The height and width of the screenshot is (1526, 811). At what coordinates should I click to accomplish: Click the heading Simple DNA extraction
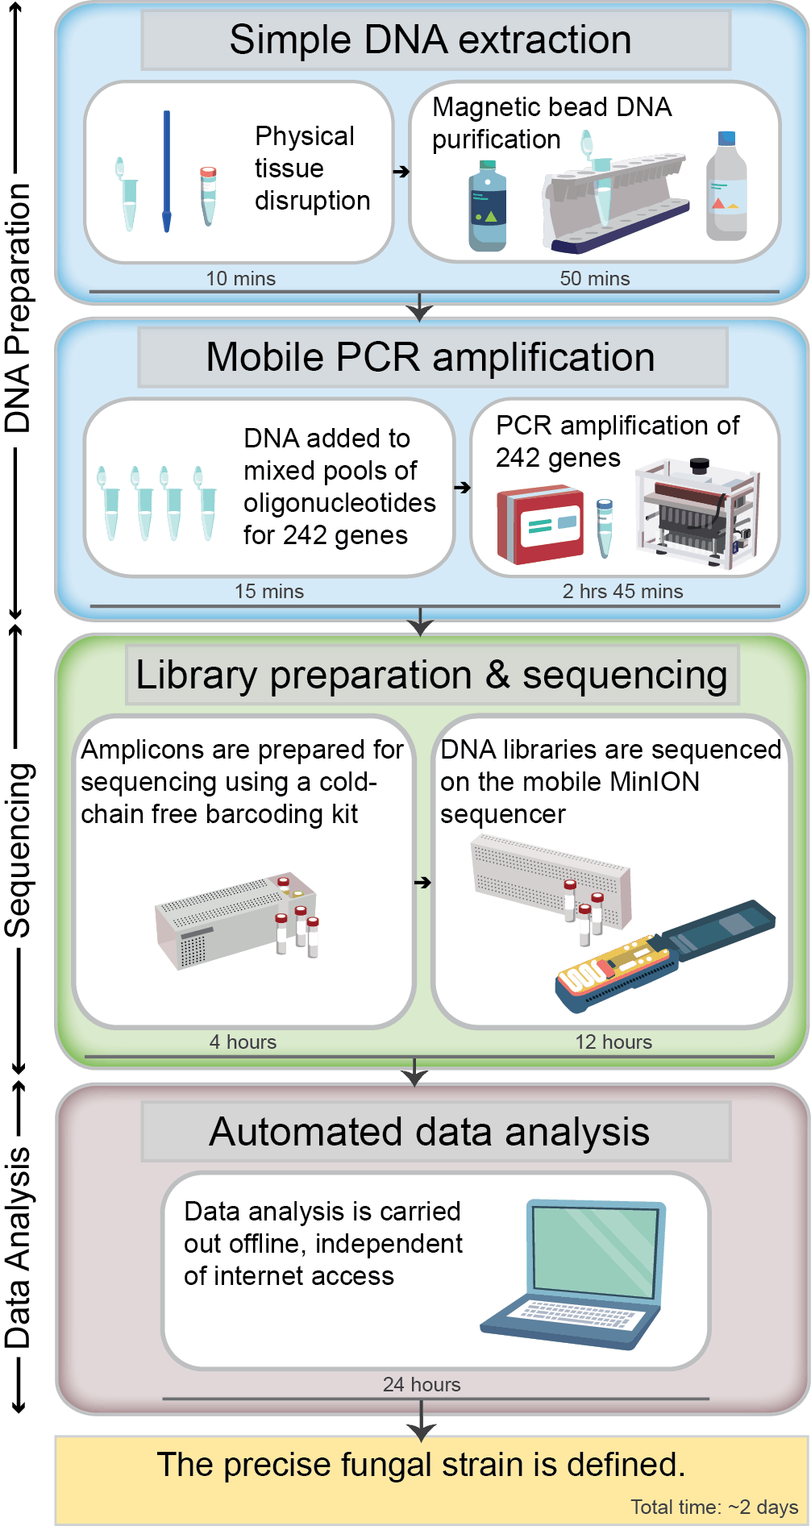point(430,40)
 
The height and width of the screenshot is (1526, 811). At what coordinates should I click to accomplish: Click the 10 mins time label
point(240,278)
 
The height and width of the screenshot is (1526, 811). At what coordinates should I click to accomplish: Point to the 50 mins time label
point(595,278)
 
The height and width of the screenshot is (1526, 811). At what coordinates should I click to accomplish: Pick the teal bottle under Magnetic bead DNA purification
point(488,207)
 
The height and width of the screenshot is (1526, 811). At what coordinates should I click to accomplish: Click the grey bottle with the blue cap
point(726,187)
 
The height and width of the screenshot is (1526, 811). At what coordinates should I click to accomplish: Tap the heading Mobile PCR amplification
point(430,357)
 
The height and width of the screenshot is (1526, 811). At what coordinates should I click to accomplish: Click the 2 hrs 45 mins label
point(622,591)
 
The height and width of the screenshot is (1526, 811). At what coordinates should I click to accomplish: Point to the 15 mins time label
point(269,591)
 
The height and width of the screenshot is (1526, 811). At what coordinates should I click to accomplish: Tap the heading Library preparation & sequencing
point(431,675)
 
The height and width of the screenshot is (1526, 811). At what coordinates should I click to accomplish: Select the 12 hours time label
point(613,1042)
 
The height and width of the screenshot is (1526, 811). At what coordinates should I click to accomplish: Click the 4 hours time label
point(243,1042)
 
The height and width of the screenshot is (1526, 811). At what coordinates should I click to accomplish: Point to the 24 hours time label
point(422,1384)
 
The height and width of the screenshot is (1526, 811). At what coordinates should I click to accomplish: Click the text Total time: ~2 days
point(714,1507)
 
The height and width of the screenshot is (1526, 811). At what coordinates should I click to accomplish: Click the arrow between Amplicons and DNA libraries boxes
point(422,883)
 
